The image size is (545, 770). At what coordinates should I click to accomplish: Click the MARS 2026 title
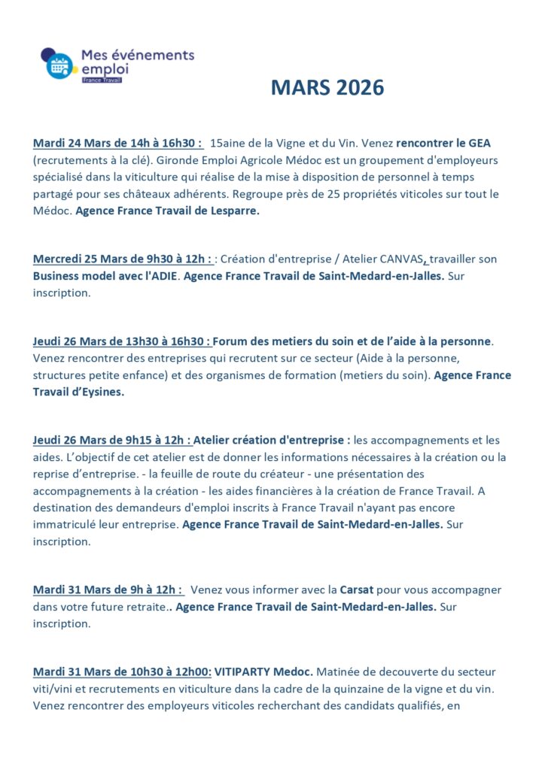click(x=327, y=88)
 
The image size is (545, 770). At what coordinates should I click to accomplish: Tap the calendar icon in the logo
click(x=59, y=65)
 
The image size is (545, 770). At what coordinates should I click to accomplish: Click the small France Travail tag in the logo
click(x=101, y=79)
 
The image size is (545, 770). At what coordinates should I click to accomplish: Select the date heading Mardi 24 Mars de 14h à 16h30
click(x=117, y=143)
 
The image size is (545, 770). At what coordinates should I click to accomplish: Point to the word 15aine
click(x=228, y=143)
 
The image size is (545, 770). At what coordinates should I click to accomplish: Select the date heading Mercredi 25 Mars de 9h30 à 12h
click(x=122, y=259)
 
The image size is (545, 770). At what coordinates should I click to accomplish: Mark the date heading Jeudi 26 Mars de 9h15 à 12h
click(x=112, y=441)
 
